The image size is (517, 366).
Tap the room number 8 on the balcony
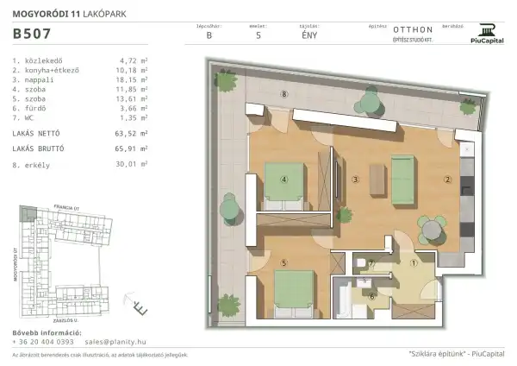click(x=283, y=93)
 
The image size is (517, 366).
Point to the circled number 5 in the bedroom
click(x=283, y=262)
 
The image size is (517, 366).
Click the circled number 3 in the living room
click(x=355, y=180)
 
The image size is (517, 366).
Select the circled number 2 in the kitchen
click(x=447, y=180)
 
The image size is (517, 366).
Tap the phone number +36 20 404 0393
click(x=44, y=342)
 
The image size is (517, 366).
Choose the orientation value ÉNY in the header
click(x=307, y=36)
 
